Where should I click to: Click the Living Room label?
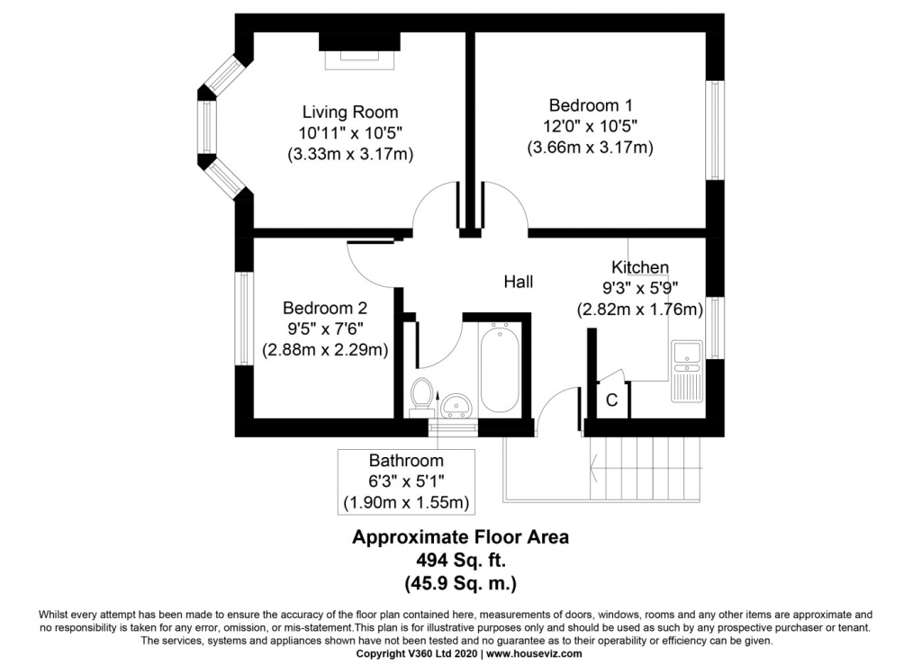click(x=350, y=112)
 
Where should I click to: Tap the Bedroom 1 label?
click(x=591, y=105)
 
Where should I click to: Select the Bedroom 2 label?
click(x=324, y=308)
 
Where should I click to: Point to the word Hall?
click(x=518, y=282)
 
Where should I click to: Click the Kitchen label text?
click(x=640, y=267)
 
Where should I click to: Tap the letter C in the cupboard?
click(x=611, y=400)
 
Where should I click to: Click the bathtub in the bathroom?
click(x=500, y=369)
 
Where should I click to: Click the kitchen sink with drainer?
click(x=687, y=372)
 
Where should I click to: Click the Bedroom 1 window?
click(x=714, y=130)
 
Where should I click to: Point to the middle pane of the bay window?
click(x=206, y=128)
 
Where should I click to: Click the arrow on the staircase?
click(x=646, y=468)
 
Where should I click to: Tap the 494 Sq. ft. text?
click(x=460, y=560)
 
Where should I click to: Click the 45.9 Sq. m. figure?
click(x=460, y=583)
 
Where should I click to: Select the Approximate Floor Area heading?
click(x=460, y=537)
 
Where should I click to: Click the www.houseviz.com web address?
click(x=534, y=653)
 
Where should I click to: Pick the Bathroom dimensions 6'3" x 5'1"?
click(x=406, y=481)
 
